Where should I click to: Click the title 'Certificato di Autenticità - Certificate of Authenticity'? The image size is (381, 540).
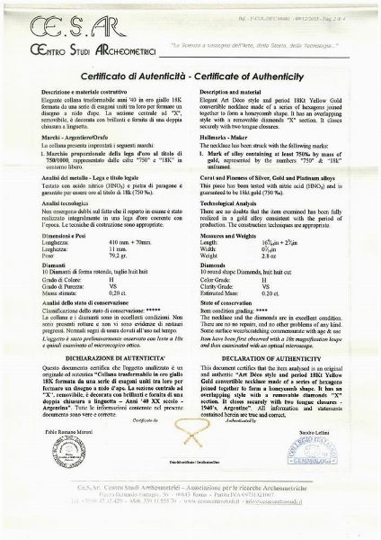pyautogui.click(x=190, y=78)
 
